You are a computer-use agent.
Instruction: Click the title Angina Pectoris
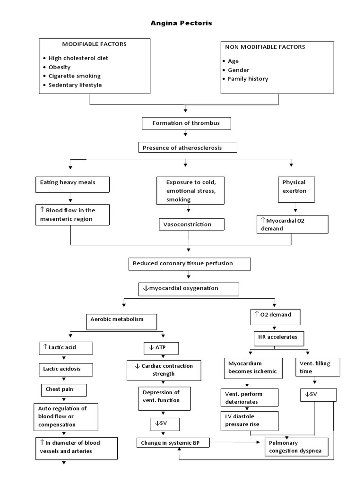pyautogui.click(x=181, y=23)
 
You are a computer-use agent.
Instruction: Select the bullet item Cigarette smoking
pyautogui.click(x=74, y=76)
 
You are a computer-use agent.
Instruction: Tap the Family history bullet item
pyautogui.click(x=247, y=79)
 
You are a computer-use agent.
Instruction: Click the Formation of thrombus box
pyautogui.click(x=187, y=123)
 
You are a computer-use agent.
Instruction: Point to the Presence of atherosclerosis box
pyautogui.click(x=188, y=148)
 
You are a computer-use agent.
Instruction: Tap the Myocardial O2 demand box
pyautogui.click(x=292, y=224)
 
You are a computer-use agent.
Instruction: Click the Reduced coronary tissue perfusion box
pyautogui.click(x=189, y=264)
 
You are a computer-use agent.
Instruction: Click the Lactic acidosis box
pyautogui.click(x=65, y=369)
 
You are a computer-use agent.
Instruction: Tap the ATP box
pyautogui.click(x=161, y=348)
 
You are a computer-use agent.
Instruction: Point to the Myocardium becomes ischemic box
pyautogui.click(x=253, y=368)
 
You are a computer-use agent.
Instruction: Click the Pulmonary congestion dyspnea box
pyautogui.click(x=295, y=447)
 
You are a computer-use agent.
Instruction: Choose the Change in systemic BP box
pyautogui.click(x=173, y=443)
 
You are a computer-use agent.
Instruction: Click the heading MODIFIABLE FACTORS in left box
pyautogui.click(x=94, y=44)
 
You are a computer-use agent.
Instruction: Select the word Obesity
pyautogui.click(x=59, y=67)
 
